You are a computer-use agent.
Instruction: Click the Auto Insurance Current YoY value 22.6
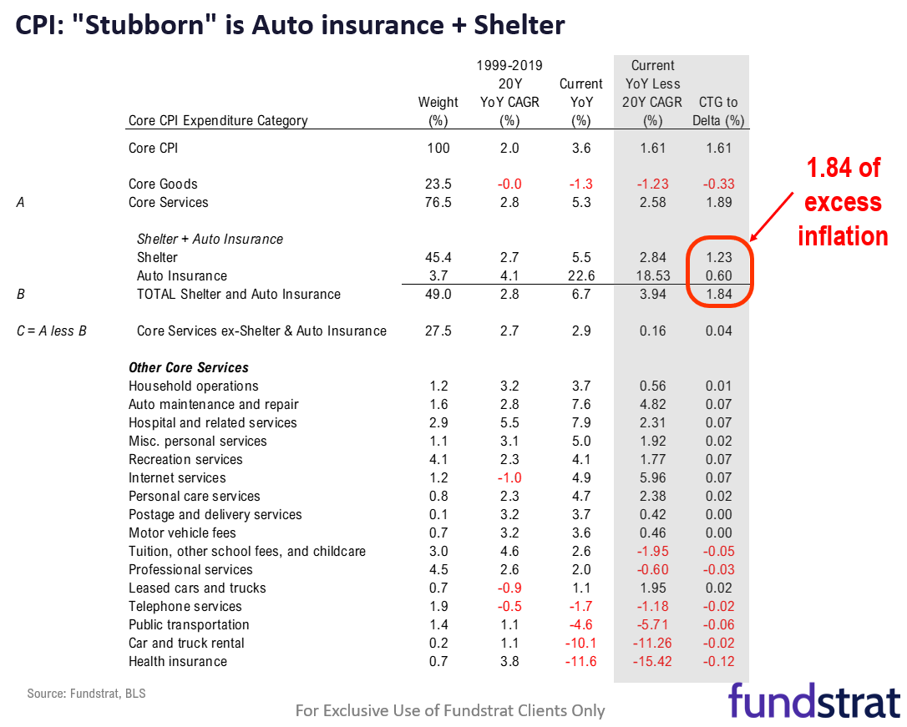point(580,275)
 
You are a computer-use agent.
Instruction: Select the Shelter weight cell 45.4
point(438,257)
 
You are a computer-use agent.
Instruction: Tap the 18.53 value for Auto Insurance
point(653,275)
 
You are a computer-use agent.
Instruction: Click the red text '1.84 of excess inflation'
point(842,202)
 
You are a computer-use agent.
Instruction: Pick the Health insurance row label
point(177,661)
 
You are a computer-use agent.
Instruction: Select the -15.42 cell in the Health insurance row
point(653,661)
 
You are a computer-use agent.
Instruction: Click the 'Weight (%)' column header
point(438,111)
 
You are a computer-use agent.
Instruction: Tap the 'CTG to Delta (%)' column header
point(718,111)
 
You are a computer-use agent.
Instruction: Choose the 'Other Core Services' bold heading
point(189,367)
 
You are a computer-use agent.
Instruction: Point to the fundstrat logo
point(813,700)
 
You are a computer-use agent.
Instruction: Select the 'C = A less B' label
point(53,331)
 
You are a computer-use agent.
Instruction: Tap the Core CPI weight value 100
point(438,148)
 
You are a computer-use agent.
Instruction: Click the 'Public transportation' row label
point(189,624)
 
